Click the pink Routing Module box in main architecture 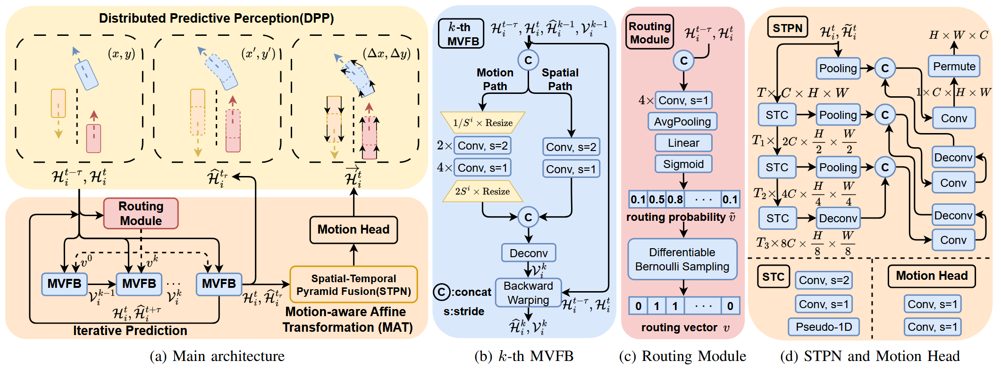click(x=141, y=213)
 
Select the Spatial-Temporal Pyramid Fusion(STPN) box click(x=353, y=285)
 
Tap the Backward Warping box click(x=528, y=293)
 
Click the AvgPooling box click(x=682, y=121)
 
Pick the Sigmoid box click(x=683, y=164)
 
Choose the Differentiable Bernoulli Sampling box click(x=682, y=259)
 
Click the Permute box click(x=954, y=66)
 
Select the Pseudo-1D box click(x=824, y=327)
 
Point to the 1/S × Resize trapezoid click(x=482, y=123)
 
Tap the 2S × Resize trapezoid click(x=482, y=191)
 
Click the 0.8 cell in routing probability click(x=675, y=199)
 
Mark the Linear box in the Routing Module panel click(x=683, y=143)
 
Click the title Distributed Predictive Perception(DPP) click(x=216, y=18)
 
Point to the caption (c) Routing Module click(x=682, y=356)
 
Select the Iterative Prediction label click(x=130, y=330)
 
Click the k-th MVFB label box click(x=461, y=34)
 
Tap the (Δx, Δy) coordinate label click(x=387, y=53)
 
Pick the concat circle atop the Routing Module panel click(x=683, y=60)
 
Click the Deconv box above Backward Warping click(x=528, y=253)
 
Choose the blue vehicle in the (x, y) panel click(x=86, y=75)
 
